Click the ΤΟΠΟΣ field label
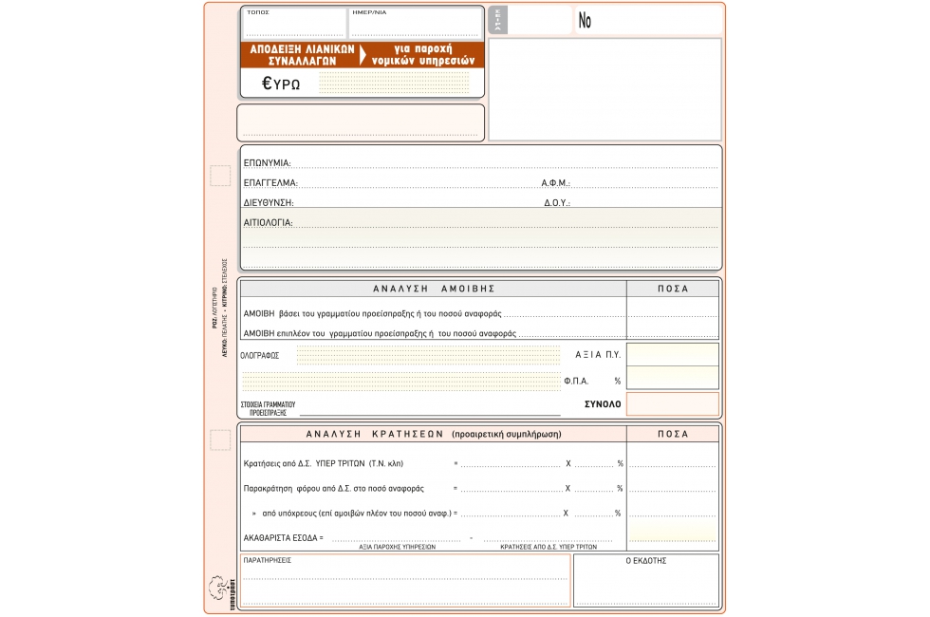click(258, 12)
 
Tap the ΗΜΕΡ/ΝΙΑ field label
click(369, 12)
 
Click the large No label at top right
click(585, 21)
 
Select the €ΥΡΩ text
click(282, 84)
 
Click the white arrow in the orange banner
click(363, 54)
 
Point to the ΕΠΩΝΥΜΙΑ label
click(267, 163)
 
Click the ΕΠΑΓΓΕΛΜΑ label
click(270, 183)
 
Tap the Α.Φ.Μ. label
click(555, 183)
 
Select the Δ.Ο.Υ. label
click(556, 203)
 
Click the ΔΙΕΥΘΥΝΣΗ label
click(269, 203)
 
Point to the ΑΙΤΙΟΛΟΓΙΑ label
click(268, 223)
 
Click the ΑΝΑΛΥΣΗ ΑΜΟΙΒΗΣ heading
click(434, 289)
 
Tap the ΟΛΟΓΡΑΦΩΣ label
click(260, 355)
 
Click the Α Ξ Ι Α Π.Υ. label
click(598, 354)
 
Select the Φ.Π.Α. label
click(577, 381)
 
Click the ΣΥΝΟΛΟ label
click(603, 404)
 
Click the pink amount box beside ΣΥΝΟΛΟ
click(672, 404)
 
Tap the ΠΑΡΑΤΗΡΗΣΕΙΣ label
click(268, 561)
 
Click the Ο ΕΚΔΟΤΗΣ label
click(645, 561)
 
